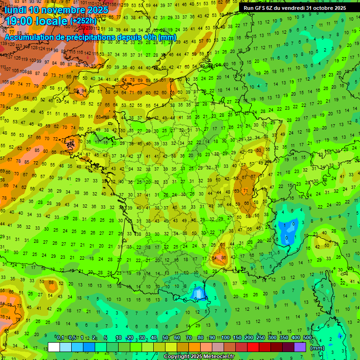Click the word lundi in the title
pyautogui.click(x=15, y=9)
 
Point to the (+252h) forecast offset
pyautogui.click(x=83, y=21)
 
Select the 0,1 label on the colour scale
pyautogui.click(x=60, y=338)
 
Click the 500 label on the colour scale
pyautogui.click(x=307, y=338)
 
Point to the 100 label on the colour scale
pyautogui.click(x=225, y=338)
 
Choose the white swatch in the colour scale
pyautogui.click(x=54, y=347)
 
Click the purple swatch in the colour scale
pyautogui.click(x=300, y=347)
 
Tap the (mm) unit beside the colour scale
pyautogui.click(x=317, y=348)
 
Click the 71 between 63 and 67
pyautogui.click(x=245, y=190)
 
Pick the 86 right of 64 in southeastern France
pyautogui.click(x=224, y=257)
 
